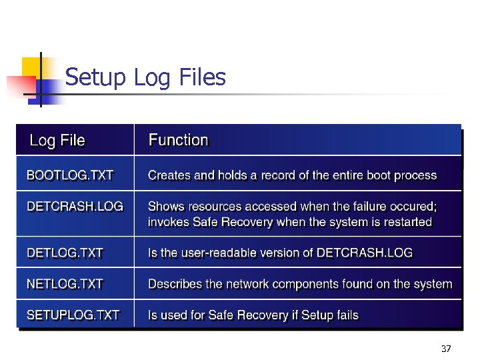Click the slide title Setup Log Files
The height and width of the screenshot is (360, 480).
coord(145,78)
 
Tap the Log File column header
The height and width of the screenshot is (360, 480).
coord(57,141)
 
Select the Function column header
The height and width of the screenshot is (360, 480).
coord(178,140)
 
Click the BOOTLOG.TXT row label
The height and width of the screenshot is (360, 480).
coord(70,176)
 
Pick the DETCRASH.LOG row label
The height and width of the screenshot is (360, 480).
coord(75,207)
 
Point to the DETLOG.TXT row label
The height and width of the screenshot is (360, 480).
coord(65,253)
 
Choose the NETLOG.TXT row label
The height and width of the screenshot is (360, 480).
coord(65,284)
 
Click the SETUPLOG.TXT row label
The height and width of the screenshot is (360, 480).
coord(73,315)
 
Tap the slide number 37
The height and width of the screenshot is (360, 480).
coord(446,349)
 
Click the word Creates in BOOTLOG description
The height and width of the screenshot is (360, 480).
coord(168,176)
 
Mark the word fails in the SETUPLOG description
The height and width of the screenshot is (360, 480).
coord(346,315)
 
